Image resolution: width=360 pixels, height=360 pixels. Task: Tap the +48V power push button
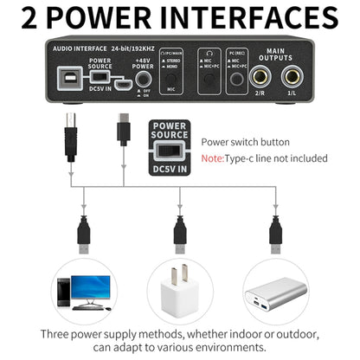pos(143,86)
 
